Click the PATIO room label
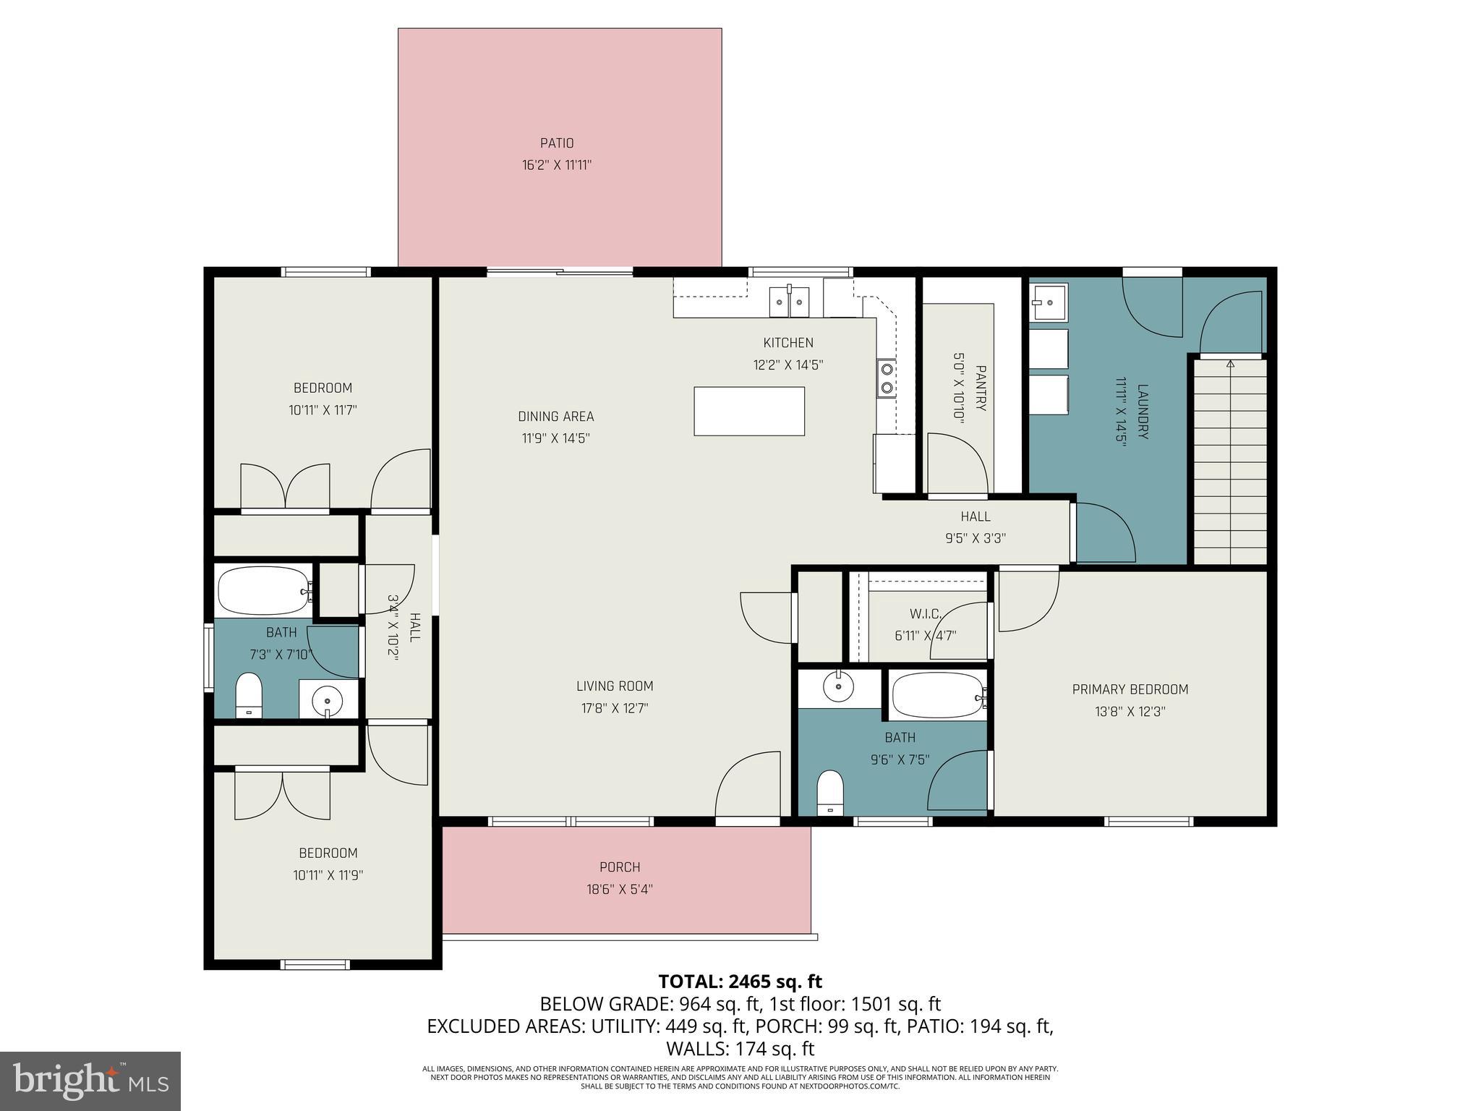[x=557, y=143]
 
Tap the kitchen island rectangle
[x=749, y=411]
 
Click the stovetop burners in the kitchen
[x=887, y=378]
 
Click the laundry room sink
[x=1049, y=302]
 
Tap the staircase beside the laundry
[x=1229, y=463]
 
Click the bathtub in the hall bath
[x=264, y=591]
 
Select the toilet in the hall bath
[x=249, y=694]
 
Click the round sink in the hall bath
[x=328, y=699]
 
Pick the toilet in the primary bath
[x=830, y=793]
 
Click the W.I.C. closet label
[x=925, y=614]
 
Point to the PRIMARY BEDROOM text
[x=1130, y=689]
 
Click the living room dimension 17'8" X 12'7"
[x=615, y=708]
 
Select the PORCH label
[x=620, y=867]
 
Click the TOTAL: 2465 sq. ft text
[x=740, y=982]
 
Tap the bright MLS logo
[x=90, y=1081]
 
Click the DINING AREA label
[x=555, y=416]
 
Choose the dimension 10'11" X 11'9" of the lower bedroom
[x=328, y=875]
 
